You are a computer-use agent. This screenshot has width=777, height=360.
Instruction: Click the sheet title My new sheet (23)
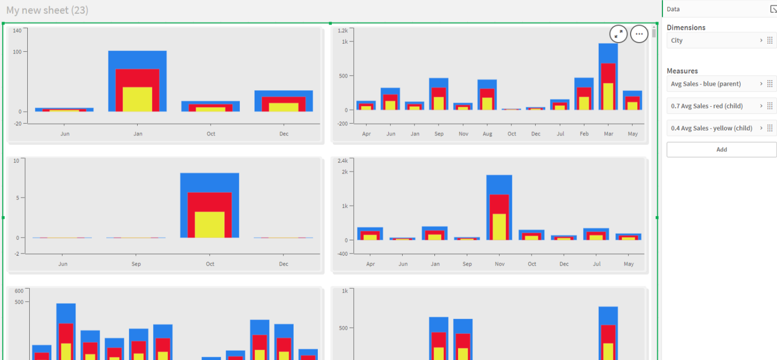(x=47, y=10)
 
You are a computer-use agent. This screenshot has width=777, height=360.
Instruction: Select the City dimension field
(x=721, y=40)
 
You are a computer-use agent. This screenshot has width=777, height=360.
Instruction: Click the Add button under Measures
(x=721, y=149)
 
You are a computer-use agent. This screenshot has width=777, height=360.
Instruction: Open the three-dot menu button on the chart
(x=639, y=34)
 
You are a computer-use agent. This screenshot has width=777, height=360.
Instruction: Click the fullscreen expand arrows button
(x=618, y=34)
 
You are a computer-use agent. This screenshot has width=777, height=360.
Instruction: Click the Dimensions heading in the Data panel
(x=686, y=27)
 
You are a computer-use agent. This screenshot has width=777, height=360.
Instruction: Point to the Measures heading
(x=682, y=71)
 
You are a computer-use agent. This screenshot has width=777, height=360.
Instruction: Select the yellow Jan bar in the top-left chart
(x=137, y=99)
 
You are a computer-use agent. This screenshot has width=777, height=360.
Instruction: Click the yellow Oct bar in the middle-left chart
(x=210, y=225)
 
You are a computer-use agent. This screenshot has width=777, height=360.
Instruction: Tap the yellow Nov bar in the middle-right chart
(x=499, y=227)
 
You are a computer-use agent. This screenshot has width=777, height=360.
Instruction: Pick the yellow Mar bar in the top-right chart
(x=608, y=97)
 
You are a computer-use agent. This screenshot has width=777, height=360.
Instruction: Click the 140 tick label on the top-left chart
(x=17, y=30)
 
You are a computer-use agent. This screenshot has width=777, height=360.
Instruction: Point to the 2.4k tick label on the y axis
(x=343, y=161)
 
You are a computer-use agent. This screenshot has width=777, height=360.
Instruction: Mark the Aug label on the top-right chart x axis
(x=487, y=134)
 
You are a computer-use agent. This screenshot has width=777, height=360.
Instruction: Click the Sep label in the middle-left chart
(x=136, y=264)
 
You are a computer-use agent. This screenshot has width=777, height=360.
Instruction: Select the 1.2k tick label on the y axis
(x=343, y=30)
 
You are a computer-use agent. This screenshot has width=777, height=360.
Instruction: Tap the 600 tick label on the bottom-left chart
(x=19, y=291)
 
